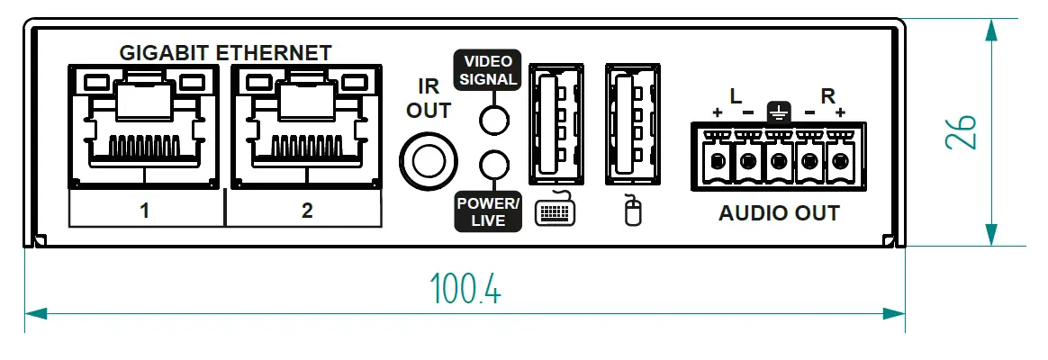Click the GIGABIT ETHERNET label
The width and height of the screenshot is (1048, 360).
[225, 52]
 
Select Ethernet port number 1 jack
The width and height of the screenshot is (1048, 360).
[144, 126]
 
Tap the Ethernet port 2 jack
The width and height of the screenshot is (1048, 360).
[306, 126]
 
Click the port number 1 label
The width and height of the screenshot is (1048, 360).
[144, 211]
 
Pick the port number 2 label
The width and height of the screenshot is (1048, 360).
[307, 211]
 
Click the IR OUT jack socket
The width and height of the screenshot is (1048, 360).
[425, 160]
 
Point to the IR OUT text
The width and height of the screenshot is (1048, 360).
[428, 99]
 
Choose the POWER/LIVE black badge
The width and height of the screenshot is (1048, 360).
[487, 211]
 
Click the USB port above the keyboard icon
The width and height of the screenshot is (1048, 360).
[556, 122]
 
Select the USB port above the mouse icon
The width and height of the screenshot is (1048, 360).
[631, 122]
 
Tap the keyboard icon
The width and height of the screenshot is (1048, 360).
[556, 211]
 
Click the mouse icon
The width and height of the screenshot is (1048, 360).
[633, 212]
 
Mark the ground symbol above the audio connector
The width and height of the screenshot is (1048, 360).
[778, 112]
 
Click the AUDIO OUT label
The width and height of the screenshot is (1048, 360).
[779, 214]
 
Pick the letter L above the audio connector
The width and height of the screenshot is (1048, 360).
[735, 95]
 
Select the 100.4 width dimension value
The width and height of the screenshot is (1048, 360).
[465, 288]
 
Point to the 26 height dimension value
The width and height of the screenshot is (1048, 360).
[962, 132]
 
